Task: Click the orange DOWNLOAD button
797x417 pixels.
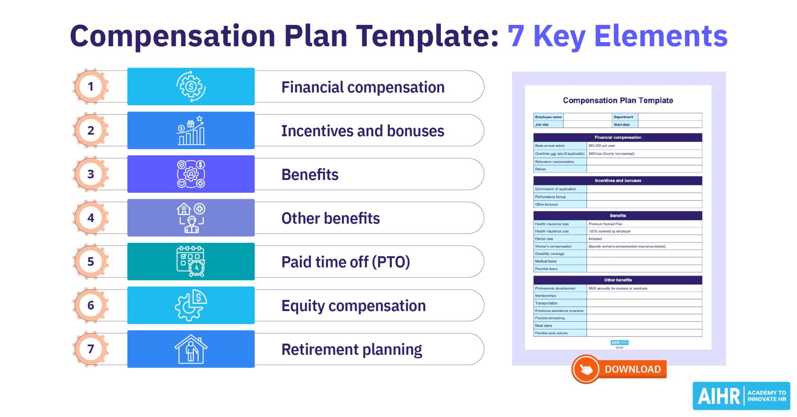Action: tap(620, 369)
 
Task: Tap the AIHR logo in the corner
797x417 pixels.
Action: tap(741, 396)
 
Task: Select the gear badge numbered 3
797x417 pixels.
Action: tap(91, 174)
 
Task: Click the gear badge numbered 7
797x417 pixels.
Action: tap(91, 349)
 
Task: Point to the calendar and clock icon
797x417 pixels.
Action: tap(191, 261)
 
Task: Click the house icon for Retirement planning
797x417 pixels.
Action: tap(191, 349)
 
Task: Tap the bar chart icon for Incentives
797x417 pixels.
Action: tap(191, 130)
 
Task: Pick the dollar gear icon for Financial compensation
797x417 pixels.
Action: tap(191, 86)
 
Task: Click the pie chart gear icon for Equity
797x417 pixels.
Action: tap(191, 305)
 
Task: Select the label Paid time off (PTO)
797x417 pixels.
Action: tap(346, 262)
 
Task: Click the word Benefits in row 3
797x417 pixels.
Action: tap(310, 174)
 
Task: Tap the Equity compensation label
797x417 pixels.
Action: tap(353, 306)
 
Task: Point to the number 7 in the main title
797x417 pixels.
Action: tap(516, 36)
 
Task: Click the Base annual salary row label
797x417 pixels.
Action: tap(550, 146)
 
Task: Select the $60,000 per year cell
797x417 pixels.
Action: tap(602, 146)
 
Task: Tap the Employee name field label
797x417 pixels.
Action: tap(548, 117)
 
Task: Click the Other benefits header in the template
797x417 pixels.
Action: tap(618, 280)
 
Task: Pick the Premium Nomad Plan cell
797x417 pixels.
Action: tap(605, 224)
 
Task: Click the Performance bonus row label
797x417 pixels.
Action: tap(550, 197)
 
